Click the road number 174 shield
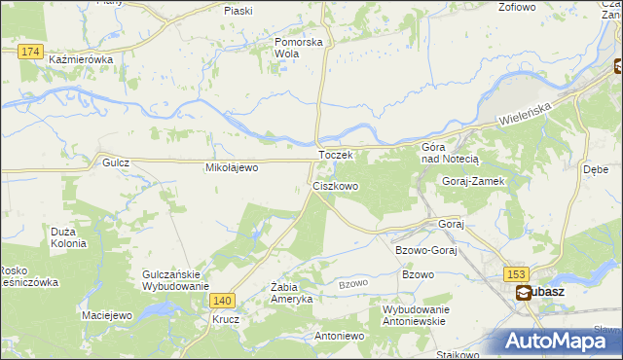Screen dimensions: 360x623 point(30,51)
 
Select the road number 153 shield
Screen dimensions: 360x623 point(515,275)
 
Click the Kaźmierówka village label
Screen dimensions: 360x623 point(81,59)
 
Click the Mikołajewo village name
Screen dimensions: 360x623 point(231,167)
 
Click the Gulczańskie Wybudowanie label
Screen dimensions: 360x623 point(176,280)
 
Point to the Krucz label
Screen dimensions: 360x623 point(227,318)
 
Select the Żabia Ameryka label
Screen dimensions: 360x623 point(292,293)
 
